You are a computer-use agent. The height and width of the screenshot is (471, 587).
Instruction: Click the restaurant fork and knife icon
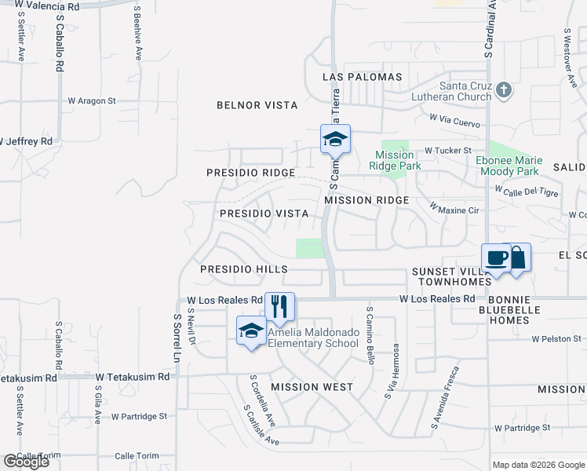(x=279, y=305)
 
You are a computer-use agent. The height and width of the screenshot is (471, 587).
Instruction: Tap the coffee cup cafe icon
(x=498, y=257)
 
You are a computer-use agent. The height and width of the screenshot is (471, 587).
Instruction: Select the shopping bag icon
(x=518, y=257)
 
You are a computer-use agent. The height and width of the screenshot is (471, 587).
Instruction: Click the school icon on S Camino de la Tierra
(x=335, y=140)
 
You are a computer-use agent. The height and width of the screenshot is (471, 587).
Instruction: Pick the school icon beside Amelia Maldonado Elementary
(x=251, y=330)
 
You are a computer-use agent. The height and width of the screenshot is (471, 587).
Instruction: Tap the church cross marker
(x=504, y=90)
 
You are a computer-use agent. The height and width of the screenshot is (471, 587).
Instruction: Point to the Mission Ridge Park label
(x=398, y=160)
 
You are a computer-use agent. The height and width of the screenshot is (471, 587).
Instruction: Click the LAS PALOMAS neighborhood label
(x=363, y=77)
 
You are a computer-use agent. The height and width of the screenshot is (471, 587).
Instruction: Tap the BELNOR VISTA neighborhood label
(x=257, y=105)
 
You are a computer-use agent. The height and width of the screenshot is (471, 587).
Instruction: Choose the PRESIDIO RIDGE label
(x=250, y=173)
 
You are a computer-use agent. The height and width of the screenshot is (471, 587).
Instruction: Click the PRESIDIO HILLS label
(x=244, y=269)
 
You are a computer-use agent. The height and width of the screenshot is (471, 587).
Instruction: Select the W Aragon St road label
(x=91, y=100)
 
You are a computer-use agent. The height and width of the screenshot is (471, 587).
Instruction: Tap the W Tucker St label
(x=447, y=150)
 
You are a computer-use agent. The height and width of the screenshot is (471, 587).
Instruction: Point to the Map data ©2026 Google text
(x=538, y=465)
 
